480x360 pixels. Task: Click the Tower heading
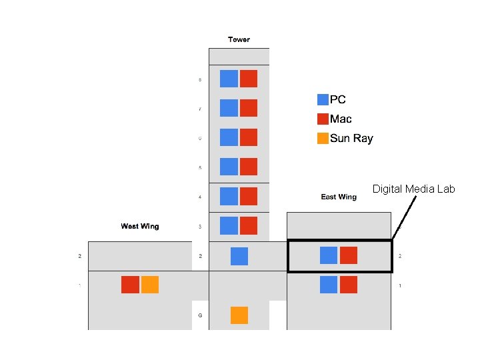pyautogui.click(x=239, y=39)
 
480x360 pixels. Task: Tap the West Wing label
pyautogui.click(x=140, y=226)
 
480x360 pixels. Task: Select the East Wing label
pyautogui.click(x=339, y=197)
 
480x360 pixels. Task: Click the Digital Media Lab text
pyautogui.click(x=413, y=189)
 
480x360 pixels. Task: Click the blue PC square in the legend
pyautogui.click(x=323, y=99)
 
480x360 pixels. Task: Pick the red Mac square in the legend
pyautogui.click(x=323, y=119)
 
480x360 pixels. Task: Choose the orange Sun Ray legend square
pyautogui.click(x=323, y=138)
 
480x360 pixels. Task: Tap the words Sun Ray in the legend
pyautogui.click(x=351, y=139)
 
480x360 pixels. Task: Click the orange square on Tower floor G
pyautogui.click(x=239, y=315)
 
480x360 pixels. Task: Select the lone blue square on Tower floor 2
pyautogui.click(x=239, y=256)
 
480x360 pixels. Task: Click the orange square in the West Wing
pyautogui.click(x=150, y=285)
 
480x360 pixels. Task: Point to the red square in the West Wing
pyautogui.click(x=130, y=285)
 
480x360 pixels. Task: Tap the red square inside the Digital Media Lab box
pyautogui.click(x=349, y=255)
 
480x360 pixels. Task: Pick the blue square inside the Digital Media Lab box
pyautogui.click(x=329, y=255)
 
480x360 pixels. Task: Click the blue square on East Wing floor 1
pyautogui.click(x=329, y=285)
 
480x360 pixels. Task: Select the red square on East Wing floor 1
pyautogui.click(x=349, y=285)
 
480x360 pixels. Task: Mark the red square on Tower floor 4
pyautogui.click(x=249, y=197)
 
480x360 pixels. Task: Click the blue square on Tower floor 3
pyautogui.click(x=229, y=226)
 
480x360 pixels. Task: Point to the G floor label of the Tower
pyautogui.click(x=200, y=315)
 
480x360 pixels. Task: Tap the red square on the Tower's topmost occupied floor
pyautogui.click(x=249, y=79)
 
